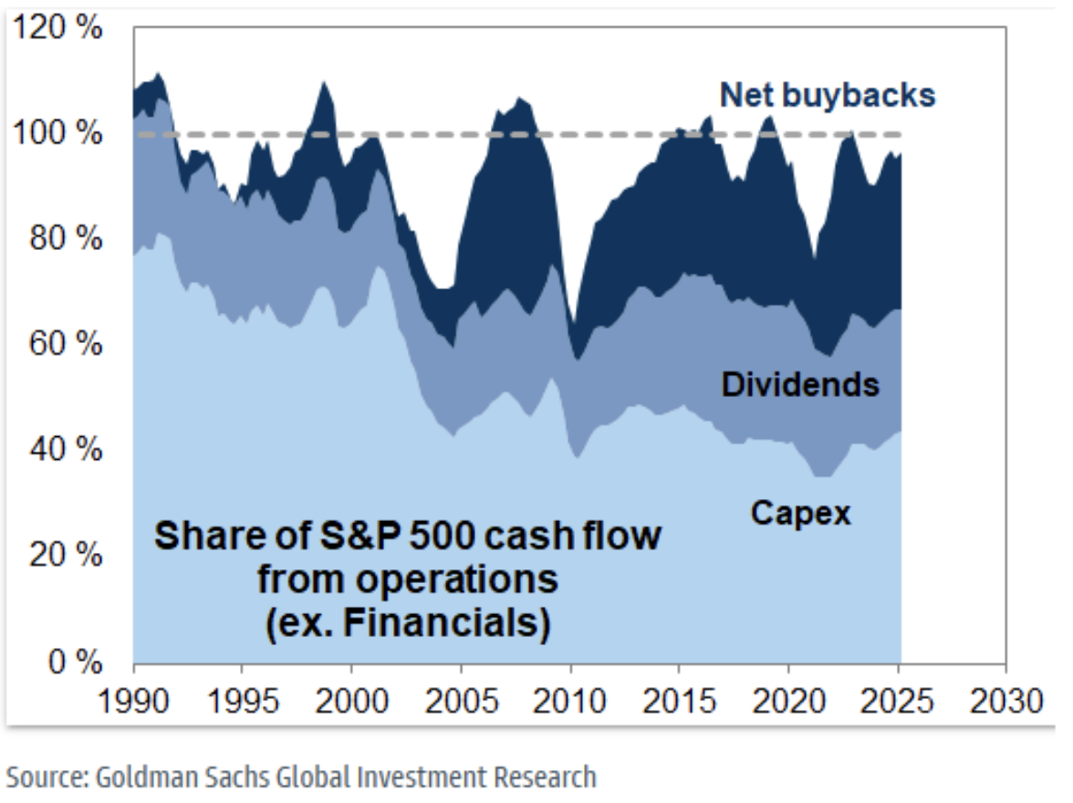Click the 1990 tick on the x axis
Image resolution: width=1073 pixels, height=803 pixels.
point(133,702)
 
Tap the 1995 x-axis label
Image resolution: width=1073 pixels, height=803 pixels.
point(242,702)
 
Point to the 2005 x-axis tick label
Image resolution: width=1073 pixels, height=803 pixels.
point(460,702)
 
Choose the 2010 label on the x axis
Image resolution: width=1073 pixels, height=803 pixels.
point(568,702)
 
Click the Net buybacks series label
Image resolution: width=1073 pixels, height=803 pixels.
point(828,95)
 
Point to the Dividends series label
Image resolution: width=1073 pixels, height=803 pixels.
point(800,385)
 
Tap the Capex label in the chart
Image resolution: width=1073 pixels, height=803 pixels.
point(800,514)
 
